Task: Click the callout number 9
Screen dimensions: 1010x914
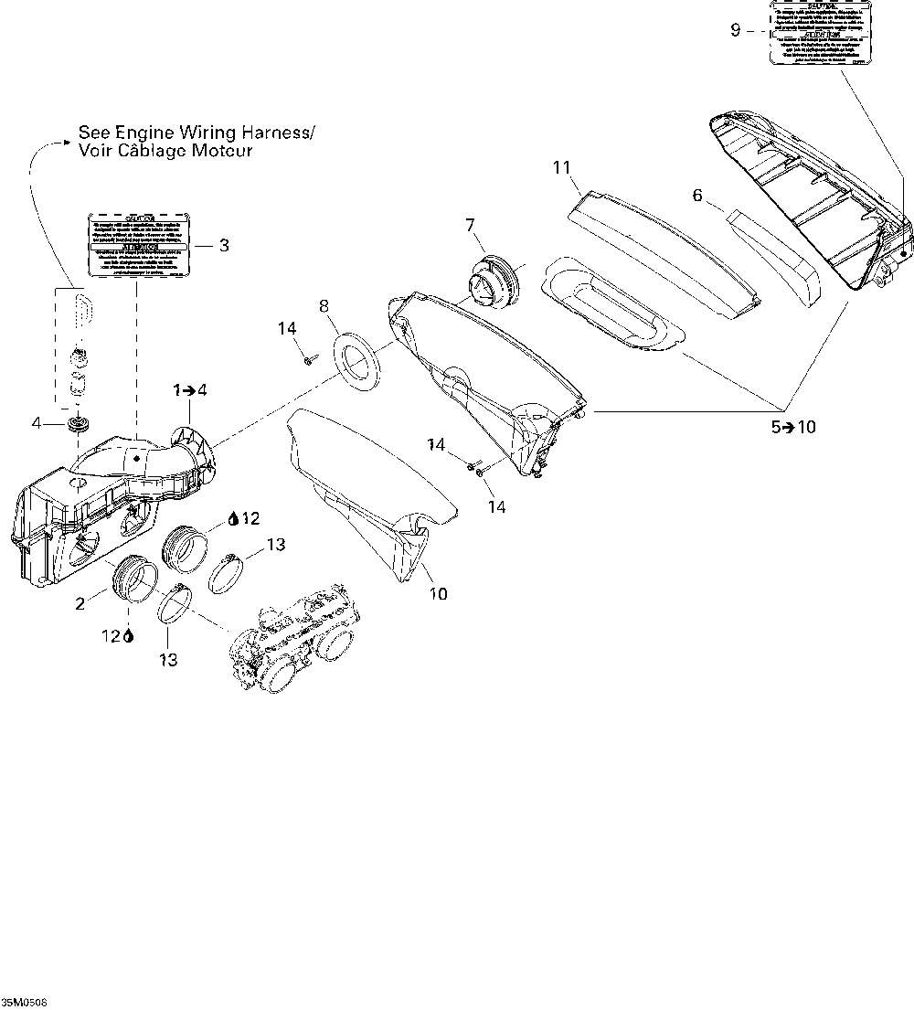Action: (x=735, y=30)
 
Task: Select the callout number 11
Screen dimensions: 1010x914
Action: (x=561, y=166)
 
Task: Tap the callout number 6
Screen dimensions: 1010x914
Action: (x=697, y=195)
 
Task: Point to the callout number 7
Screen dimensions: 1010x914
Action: (x=470, y=224)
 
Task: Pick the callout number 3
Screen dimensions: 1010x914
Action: (x=224, y=244)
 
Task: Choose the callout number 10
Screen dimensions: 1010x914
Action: (x=439, y=594)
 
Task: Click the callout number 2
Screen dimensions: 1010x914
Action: (x=80, y=602)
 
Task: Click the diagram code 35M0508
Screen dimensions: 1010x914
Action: (x=24, y=1003)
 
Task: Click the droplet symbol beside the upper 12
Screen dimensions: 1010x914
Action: (x=233, y=518)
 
